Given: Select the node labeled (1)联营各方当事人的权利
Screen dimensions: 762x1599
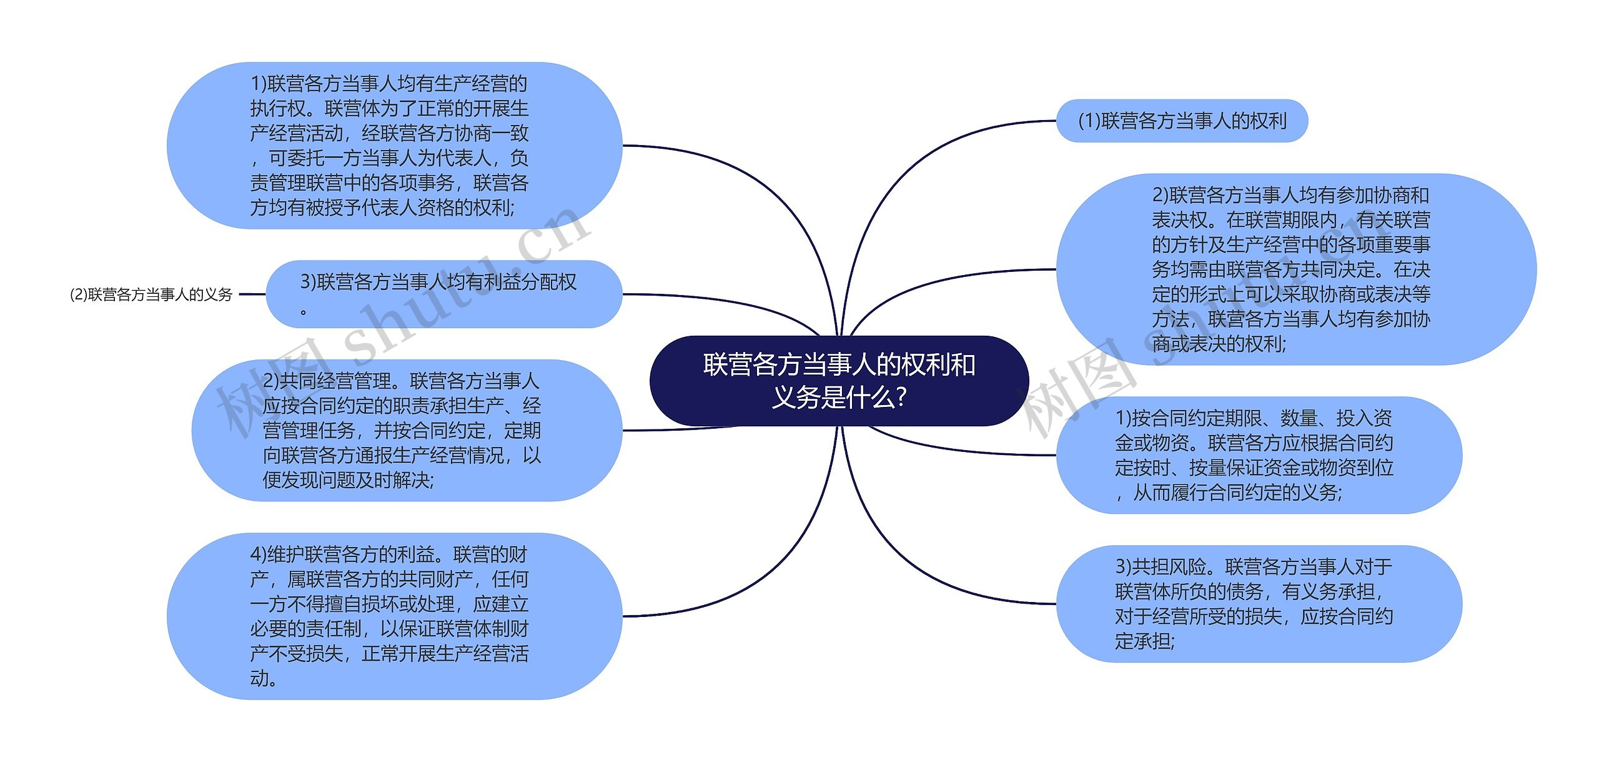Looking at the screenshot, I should [1181, 121].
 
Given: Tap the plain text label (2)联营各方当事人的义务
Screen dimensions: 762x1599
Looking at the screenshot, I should [151, 294].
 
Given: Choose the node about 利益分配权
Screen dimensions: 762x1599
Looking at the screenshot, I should [443, 294].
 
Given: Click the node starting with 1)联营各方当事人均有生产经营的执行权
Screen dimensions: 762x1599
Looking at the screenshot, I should [394, 145].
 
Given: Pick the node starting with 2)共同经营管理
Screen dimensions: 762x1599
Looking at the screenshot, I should [406, 430].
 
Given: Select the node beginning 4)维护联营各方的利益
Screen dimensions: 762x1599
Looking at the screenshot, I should [394, 616].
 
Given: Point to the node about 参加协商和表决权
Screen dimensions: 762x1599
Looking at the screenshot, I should [1295, 269].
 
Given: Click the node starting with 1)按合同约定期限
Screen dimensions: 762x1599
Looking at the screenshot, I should [1259, 455].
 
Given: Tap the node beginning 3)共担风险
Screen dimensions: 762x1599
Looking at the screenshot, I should [1259, 604].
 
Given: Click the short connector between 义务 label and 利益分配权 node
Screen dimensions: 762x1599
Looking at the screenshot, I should [252, 294].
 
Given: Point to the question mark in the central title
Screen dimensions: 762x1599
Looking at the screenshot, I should [901, 398].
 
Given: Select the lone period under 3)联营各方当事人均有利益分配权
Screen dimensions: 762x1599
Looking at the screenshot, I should [304, 311].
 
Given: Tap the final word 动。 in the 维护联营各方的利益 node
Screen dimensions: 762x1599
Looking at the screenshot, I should [264, 679].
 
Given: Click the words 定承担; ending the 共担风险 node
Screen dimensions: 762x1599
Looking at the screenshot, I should [1144, 641].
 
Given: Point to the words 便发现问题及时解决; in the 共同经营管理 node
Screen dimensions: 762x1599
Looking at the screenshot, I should [348, 480].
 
